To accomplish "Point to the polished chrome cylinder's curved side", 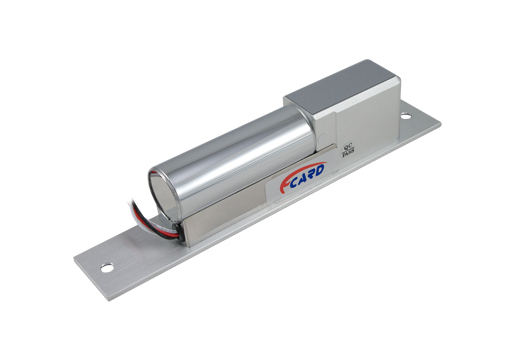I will tap(230, 150).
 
